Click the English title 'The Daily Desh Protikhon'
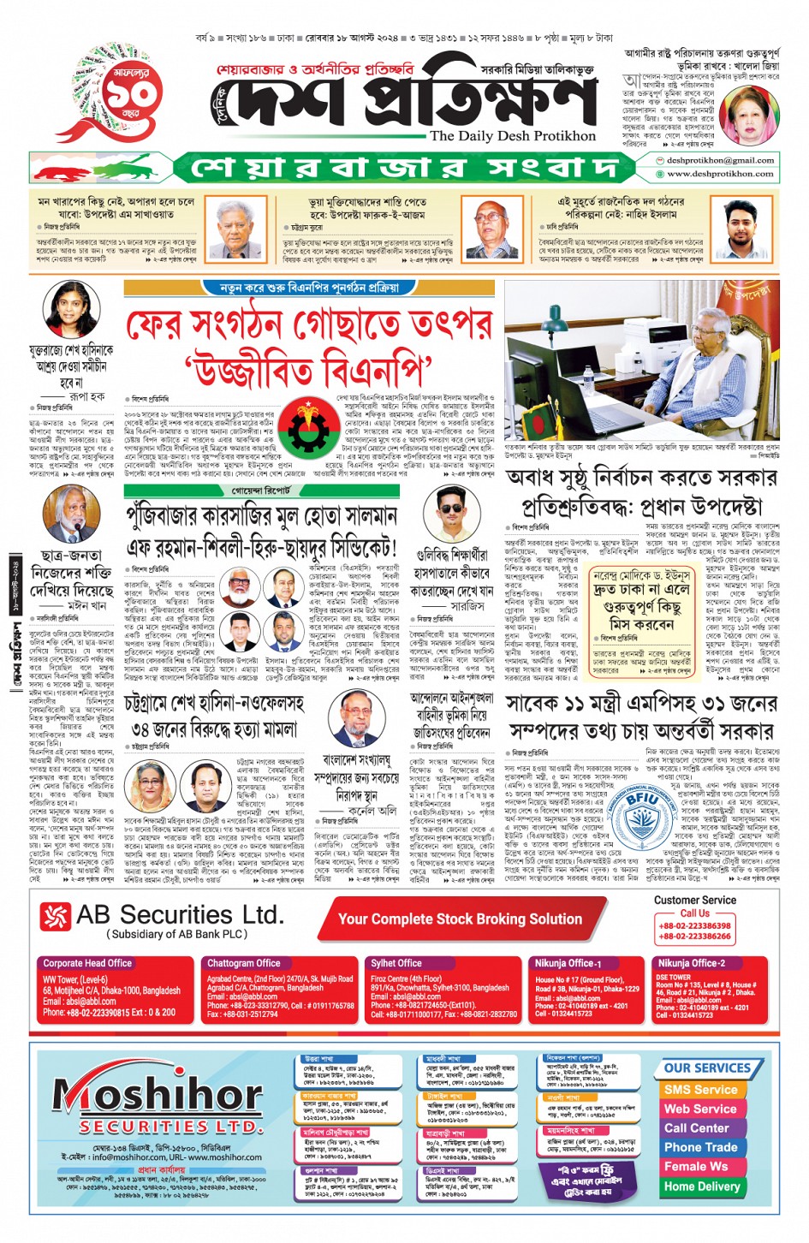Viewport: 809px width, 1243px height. point(513,135)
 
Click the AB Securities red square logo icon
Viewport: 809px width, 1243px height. point(56,916)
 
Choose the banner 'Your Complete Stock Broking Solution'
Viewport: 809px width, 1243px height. point(460,919)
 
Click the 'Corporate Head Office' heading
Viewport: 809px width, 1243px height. point(87,963)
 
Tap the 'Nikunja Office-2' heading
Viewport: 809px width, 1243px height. point(691,963)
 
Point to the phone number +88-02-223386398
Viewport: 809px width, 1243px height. point(694,925)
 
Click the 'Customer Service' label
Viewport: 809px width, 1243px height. point(694,900)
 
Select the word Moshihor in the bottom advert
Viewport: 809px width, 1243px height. point(158,1095)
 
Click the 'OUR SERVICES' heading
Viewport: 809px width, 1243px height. point(707,1068)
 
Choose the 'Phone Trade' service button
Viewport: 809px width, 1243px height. point(700,1147)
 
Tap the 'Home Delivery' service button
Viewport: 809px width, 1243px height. point(701,1186)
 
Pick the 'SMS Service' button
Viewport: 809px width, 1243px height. point(700,1090)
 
